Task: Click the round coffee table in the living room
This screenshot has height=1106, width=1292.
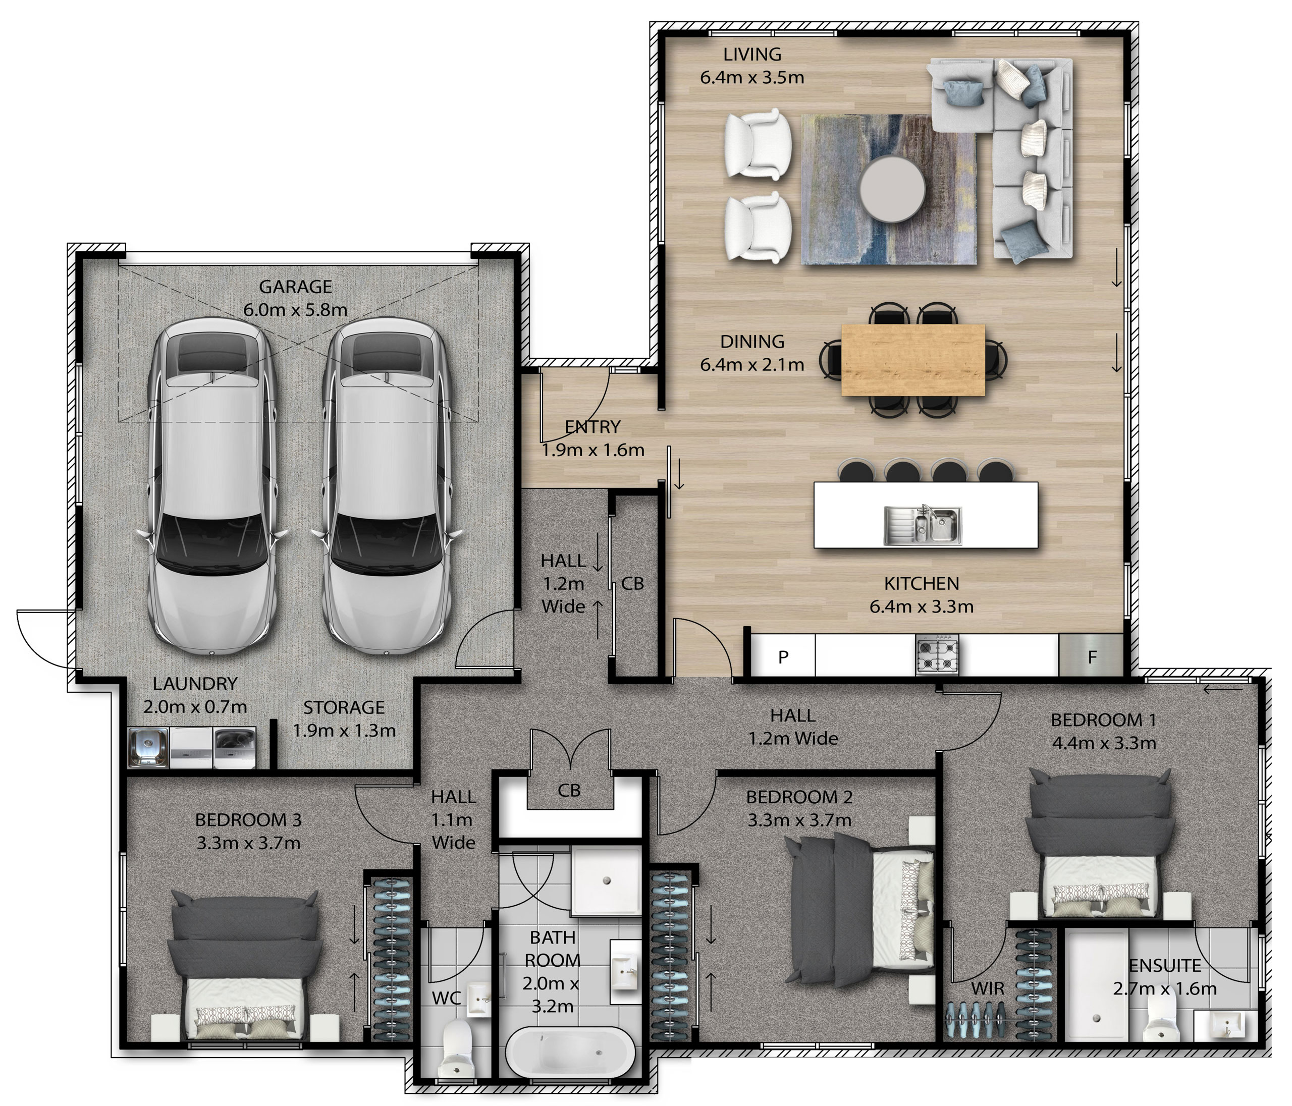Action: [893, 189]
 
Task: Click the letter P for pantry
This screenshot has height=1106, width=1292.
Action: [784, 656]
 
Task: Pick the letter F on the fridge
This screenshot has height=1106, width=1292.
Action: [1092, 656]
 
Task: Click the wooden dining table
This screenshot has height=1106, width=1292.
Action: [913, 360]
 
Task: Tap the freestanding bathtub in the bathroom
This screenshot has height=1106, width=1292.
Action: [570, 1053]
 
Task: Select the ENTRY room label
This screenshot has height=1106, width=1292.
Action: [593, 427]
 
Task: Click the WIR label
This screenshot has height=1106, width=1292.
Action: [988, 988]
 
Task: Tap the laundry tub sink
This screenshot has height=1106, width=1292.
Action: [148, 748]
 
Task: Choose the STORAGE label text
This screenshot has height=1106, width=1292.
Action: [344, 707]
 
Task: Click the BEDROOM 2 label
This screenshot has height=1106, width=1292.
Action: [799, 797]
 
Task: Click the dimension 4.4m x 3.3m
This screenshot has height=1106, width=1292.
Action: [1104, 743]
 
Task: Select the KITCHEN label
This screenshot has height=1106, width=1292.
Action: [921, 584]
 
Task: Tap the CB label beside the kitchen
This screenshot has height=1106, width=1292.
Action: [632, 584]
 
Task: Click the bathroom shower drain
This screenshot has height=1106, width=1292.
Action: [606, 880]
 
